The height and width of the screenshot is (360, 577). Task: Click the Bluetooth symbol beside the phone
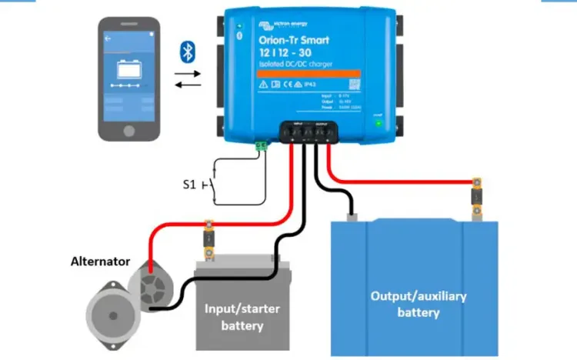(x=185, y=52)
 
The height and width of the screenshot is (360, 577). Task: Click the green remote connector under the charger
(x=261, y=144)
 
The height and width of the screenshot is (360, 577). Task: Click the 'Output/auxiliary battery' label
(x=418, y=304)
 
